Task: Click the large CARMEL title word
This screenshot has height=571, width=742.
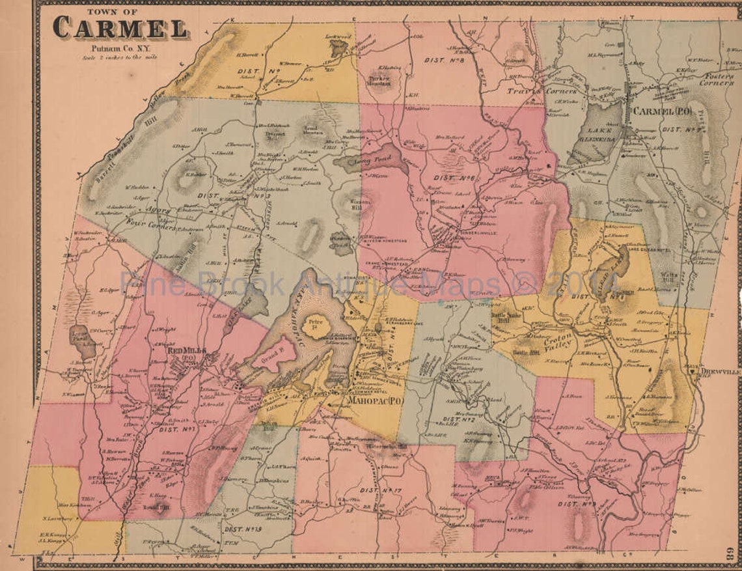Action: coord(120,27)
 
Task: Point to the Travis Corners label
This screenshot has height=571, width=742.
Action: coord(534,92)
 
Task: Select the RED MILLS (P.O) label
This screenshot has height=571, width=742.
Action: coord(185,352)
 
